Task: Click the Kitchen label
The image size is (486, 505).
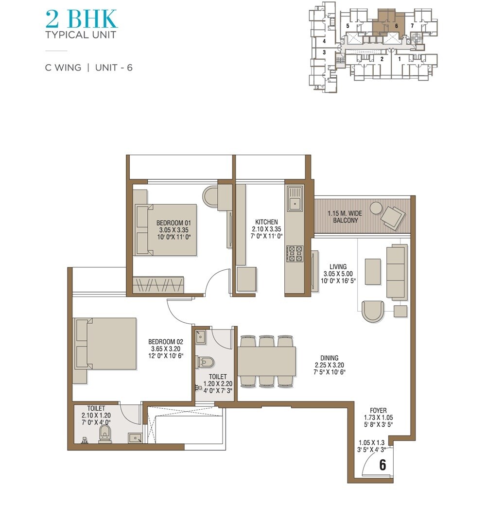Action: coord(266,222)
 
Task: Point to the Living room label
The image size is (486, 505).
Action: coord(338,266)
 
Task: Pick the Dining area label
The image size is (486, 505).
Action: coord(329,358)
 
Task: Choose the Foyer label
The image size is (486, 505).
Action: coord(378,411)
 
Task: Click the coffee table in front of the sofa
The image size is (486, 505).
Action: coord(373,271)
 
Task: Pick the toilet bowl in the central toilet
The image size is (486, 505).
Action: coord(207,362)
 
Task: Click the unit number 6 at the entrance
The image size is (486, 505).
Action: coord(382,465)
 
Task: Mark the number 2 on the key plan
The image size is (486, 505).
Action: coord(382,59)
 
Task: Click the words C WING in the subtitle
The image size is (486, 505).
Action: coord(63,68)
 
